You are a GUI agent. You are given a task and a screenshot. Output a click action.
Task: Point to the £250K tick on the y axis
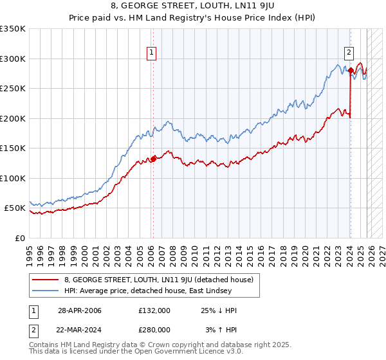pyautogui.click(x=13, y=89)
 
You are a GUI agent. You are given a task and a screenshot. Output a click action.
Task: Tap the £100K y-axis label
pyautogui.click(x=13, y=178)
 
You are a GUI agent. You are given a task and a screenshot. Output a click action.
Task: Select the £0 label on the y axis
pyautogui.click(x=20, y=238)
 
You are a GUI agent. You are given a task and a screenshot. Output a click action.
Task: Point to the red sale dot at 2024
pyautogui.click(x=351, y=71)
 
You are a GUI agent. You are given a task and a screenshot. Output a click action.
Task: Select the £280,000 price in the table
pyautogui.click(x=154, y=328)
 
